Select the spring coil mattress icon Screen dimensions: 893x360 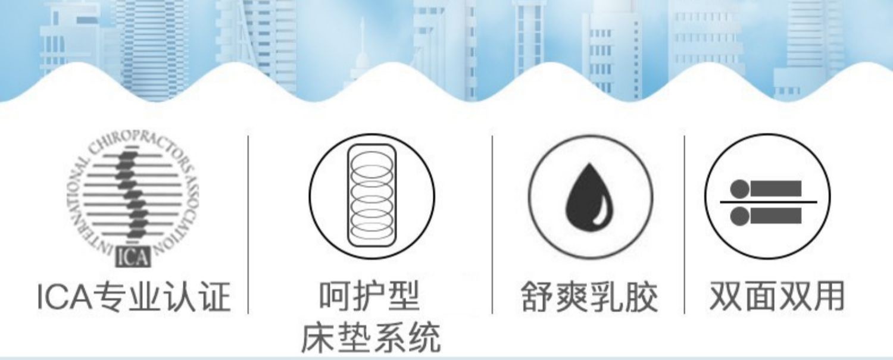click(371, 196)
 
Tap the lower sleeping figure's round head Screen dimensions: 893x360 click(739, 215)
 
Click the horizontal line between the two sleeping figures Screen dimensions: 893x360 click(768, 202)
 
